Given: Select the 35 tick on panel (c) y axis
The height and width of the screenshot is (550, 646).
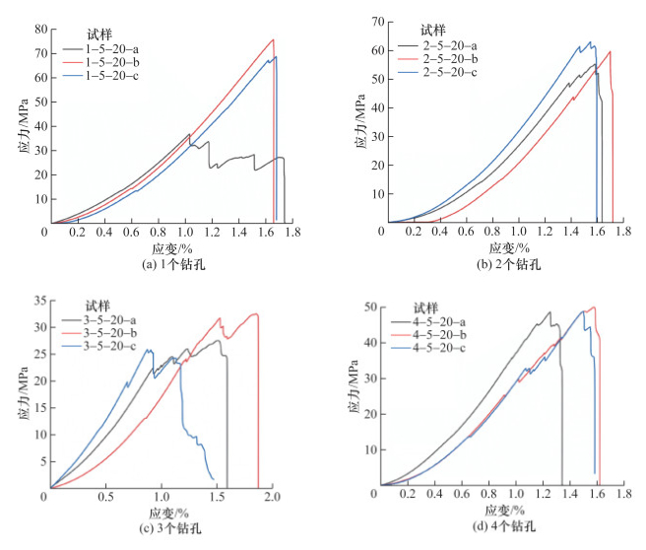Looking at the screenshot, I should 38,300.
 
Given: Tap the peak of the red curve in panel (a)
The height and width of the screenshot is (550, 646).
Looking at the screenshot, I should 273,39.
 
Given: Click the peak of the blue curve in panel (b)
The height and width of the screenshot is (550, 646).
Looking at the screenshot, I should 590,42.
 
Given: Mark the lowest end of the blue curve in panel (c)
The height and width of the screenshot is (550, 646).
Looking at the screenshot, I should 214,479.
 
